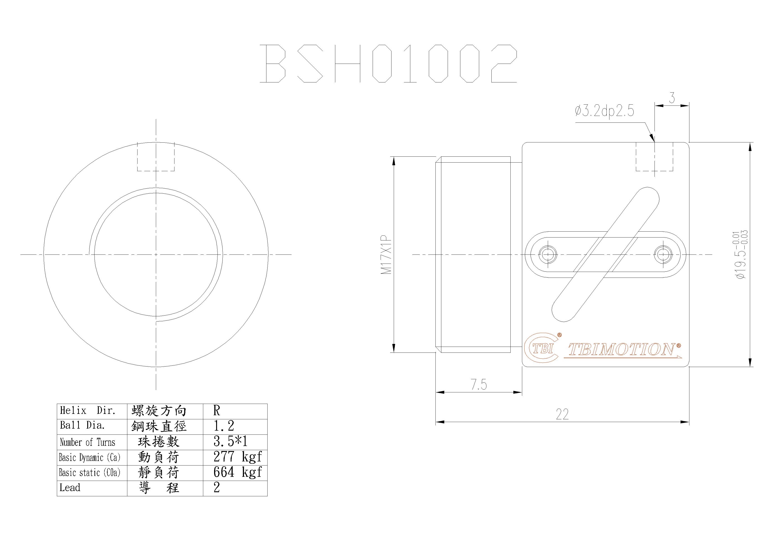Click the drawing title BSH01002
click(x=388, y=64)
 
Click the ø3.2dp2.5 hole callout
click(x=604, y=111)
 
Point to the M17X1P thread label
click(x=386, y=254)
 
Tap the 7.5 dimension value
click(x=479, y=384)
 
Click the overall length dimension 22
click(x=562, y=415)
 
